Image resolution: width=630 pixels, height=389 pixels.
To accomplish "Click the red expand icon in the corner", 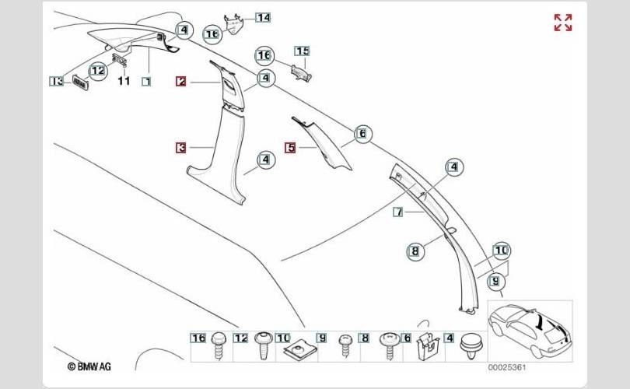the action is click(x=563, y=23).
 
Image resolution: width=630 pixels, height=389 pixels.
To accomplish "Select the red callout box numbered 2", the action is click(x=181, y=82).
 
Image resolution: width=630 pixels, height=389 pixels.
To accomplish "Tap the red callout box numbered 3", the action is click(x=181, y=148).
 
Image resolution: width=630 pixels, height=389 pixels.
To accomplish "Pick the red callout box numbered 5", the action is click(x=290, y=148).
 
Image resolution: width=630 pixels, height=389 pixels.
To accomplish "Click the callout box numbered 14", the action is click(x=263, y=18).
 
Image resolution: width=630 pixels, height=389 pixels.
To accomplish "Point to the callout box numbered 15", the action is click(x=302, y=51).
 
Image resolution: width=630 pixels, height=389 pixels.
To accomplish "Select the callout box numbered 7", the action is click(x=398, y=212).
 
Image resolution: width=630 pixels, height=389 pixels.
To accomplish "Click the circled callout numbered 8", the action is click(x=415, y=252).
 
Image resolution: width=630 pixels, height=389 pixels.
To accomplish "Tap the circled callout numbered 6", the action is click(x=362, y=133).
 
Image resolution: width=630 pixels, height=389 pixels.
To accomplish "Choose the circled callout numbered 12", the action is click(x=98, y=71).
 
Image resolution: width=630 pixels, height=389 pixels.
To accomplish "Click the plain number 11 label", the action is click(x=124, y=81).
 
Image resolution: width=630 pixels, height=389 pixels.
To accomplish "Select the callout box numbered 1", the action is click(x=147, y=82).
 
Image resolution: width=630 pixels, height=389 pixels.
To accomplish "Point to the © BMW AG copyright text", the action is click(x=89, y=366).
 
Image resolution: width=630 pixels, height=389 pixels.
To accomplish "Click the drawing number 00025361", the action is click(x=507, y=367).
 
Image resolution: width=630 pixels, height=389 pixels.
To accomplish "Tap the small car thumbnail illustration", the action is click(x=530, y=331).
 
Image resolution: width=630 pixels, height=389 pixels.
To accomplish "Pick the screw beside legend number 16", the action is click(x=219, y=345).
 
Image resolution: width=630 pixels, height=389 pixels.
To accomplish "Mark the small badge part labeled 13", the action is click(x=80, y=82).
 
